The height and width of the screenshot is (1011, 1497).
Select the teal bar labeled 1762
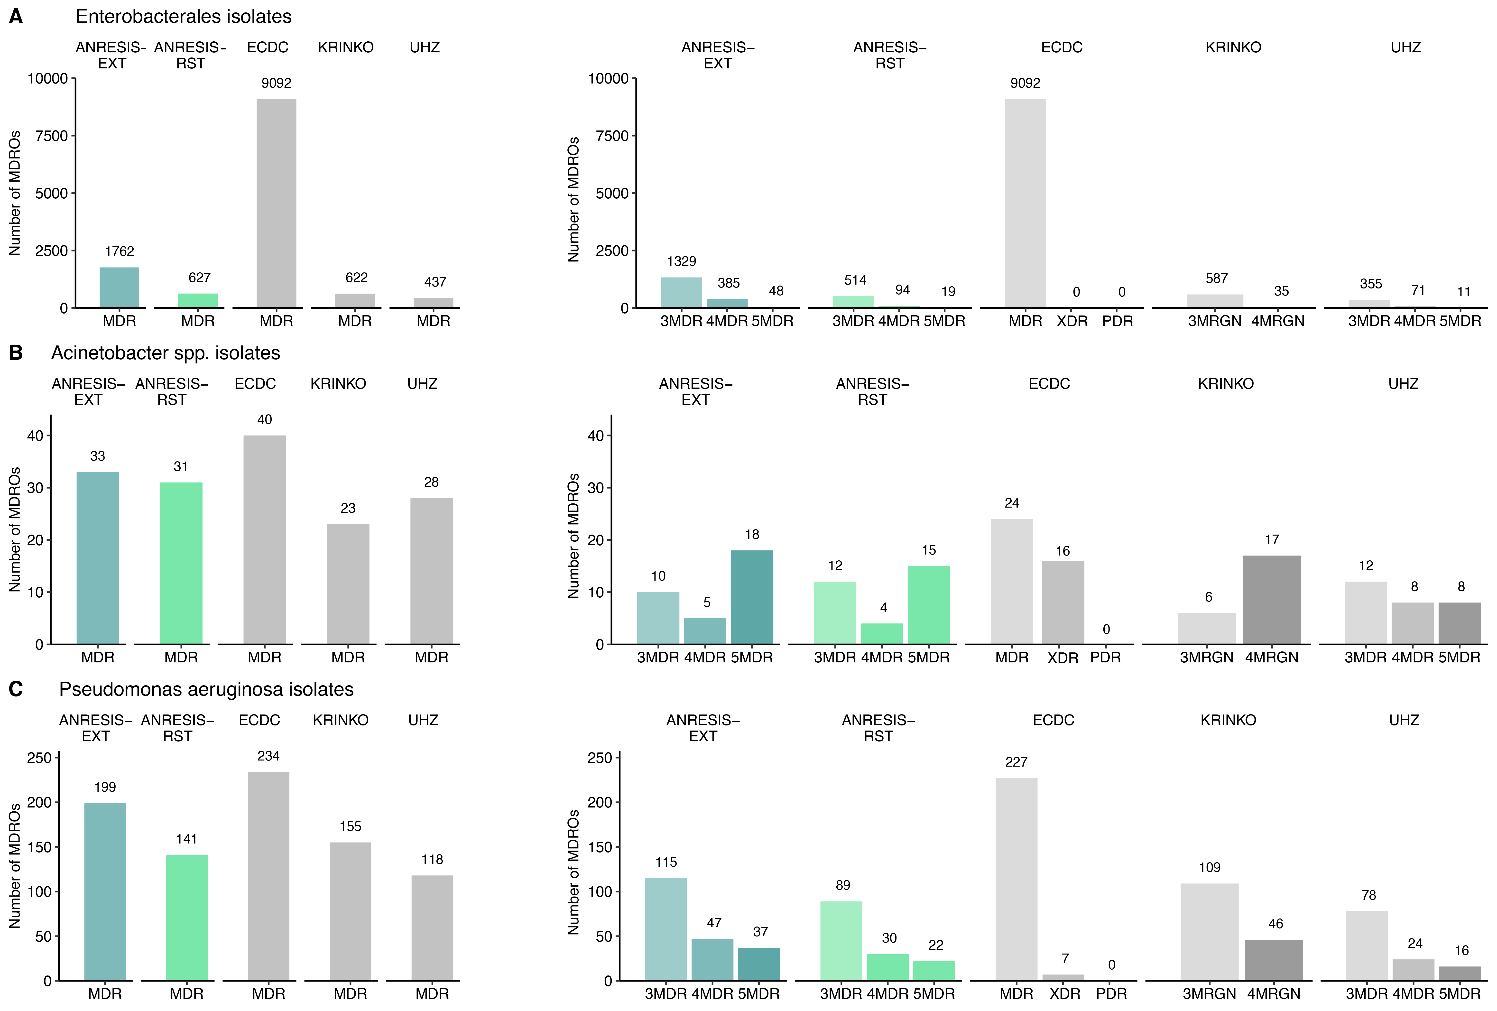click(x=119, y=288)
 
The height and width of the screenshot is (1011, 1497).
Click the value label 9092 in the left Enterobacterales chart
click(x=276, y=83)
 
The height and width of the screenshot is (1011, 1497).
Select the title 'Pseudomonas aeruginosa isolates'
click(x=206, y=689)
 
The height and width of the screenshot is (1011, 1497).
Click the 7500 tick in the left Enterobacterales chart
click(x=52, y=136)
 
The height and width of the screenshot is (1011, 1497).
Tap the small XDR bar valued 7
click(x=1063, y=977)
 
